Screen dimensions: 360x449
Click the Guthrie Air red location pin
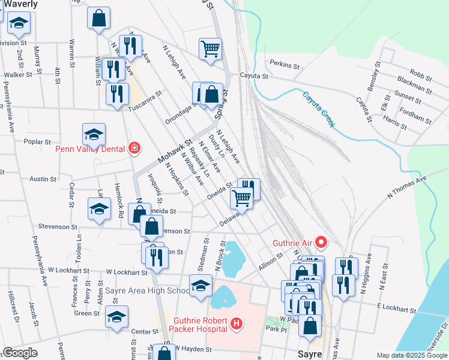click(x=321, y=243)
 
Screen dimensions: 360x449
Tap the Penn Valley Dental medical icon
click(x=134, y=148)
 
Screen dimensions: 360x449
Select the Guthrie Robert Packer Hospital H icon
click(x=237, y=324)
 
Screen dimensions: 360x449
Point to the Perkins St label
click(x=284, y=62)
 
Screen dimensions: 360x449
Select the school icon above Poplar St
click(x=93, y=134)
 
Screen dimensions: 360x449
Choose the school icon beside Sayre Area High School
click(x=200, y=285)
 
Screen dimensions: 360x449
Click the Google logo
click(x=20, y=353)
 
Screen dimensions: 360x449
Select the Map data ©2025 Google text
click(x=412, y=355)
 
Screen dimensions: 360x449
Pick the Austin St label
click(x=43, y=179)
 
